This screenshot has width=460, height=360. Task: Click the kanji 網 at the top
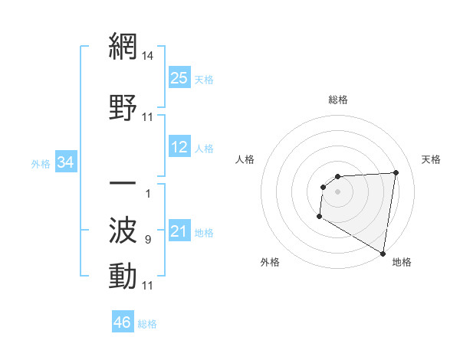point(123,49)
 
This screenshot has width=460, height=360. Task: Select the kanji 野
point(123,107)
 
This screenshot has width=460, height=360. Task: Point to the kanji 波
point(123,230)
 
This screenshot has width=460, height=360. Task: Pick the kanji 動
point(123,276)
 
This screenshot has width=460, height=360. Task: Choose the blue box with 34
point(66,162)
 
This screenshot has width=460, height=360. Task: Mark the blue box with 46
point(123,322)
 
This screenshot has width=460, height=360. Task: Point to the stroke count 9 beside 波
point(147,241)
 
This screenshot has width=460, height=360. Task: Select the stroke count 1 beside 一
point(147,193)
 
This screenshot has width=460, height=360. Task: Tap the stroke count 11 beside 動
point(148,286)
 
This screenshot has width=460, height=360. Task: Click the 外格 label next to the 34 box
point(40,163)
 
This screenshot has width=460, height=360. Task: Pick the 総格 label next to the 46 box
point(147,324)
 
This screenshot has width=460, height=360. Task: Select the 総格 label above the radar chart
point(338,100)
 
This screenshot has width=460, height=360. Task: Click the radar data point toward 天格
point(396,172)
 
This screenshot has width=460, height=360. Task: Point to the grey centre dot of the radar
point(337,191)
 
